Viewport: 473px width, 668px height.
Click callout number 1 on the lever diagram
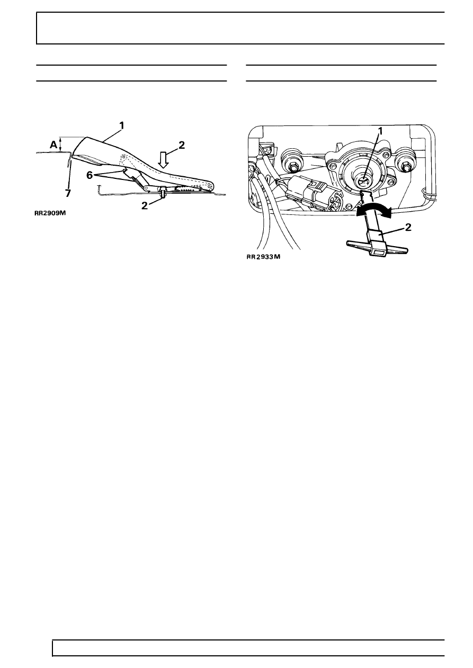pyautogui.click(x=121, y=126)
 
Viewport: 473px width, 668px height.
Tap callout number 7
pyautogui.click(x=68, y=194)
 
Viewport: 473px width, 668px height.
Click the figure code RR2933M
pyautogui.click(x=263, y=257)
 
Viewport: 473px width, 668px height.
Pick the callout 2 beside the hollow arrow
pyautogui.click(x=182, y=146)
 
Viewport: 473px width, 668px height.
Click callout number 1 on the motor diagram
pyautogui.click(x=380, y=130)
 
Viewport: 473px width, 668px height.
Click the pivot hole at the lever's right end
pyautogui.click(x=211, y=186)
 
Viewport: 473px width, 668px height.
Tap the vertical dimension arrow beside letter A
pyautogui.click(x=61, y=144)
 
